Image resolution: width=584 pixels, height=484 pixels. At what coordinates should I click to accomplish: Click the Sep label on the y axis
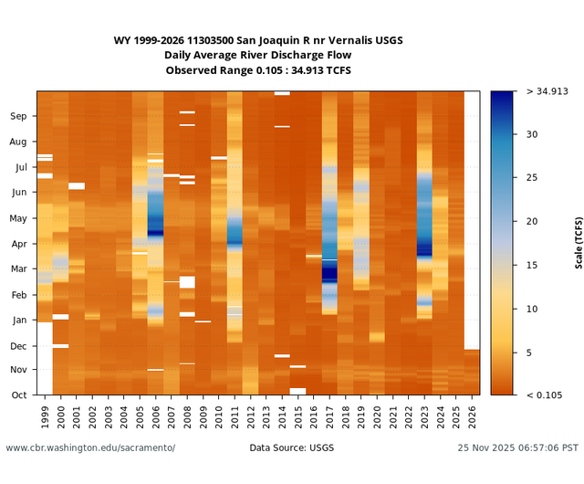tap(19, 116)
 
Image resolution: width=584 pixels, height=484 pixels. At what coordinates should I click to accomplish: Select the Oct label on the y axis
tap(19, 395)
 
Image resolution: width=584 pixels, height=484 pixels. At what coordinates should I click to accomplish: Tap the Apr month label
tap(19, 244)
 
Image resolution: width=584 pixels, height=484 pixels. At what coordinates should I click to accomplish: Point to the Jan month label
tap(19, 320)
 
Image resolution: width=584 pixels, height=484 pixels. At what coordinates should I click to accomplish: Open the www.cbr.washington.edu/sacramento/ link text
tap(90, 448)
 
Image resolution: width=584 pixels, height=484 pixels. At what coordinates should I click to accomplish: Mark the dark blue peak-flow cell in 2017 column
tap(329, 271)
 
